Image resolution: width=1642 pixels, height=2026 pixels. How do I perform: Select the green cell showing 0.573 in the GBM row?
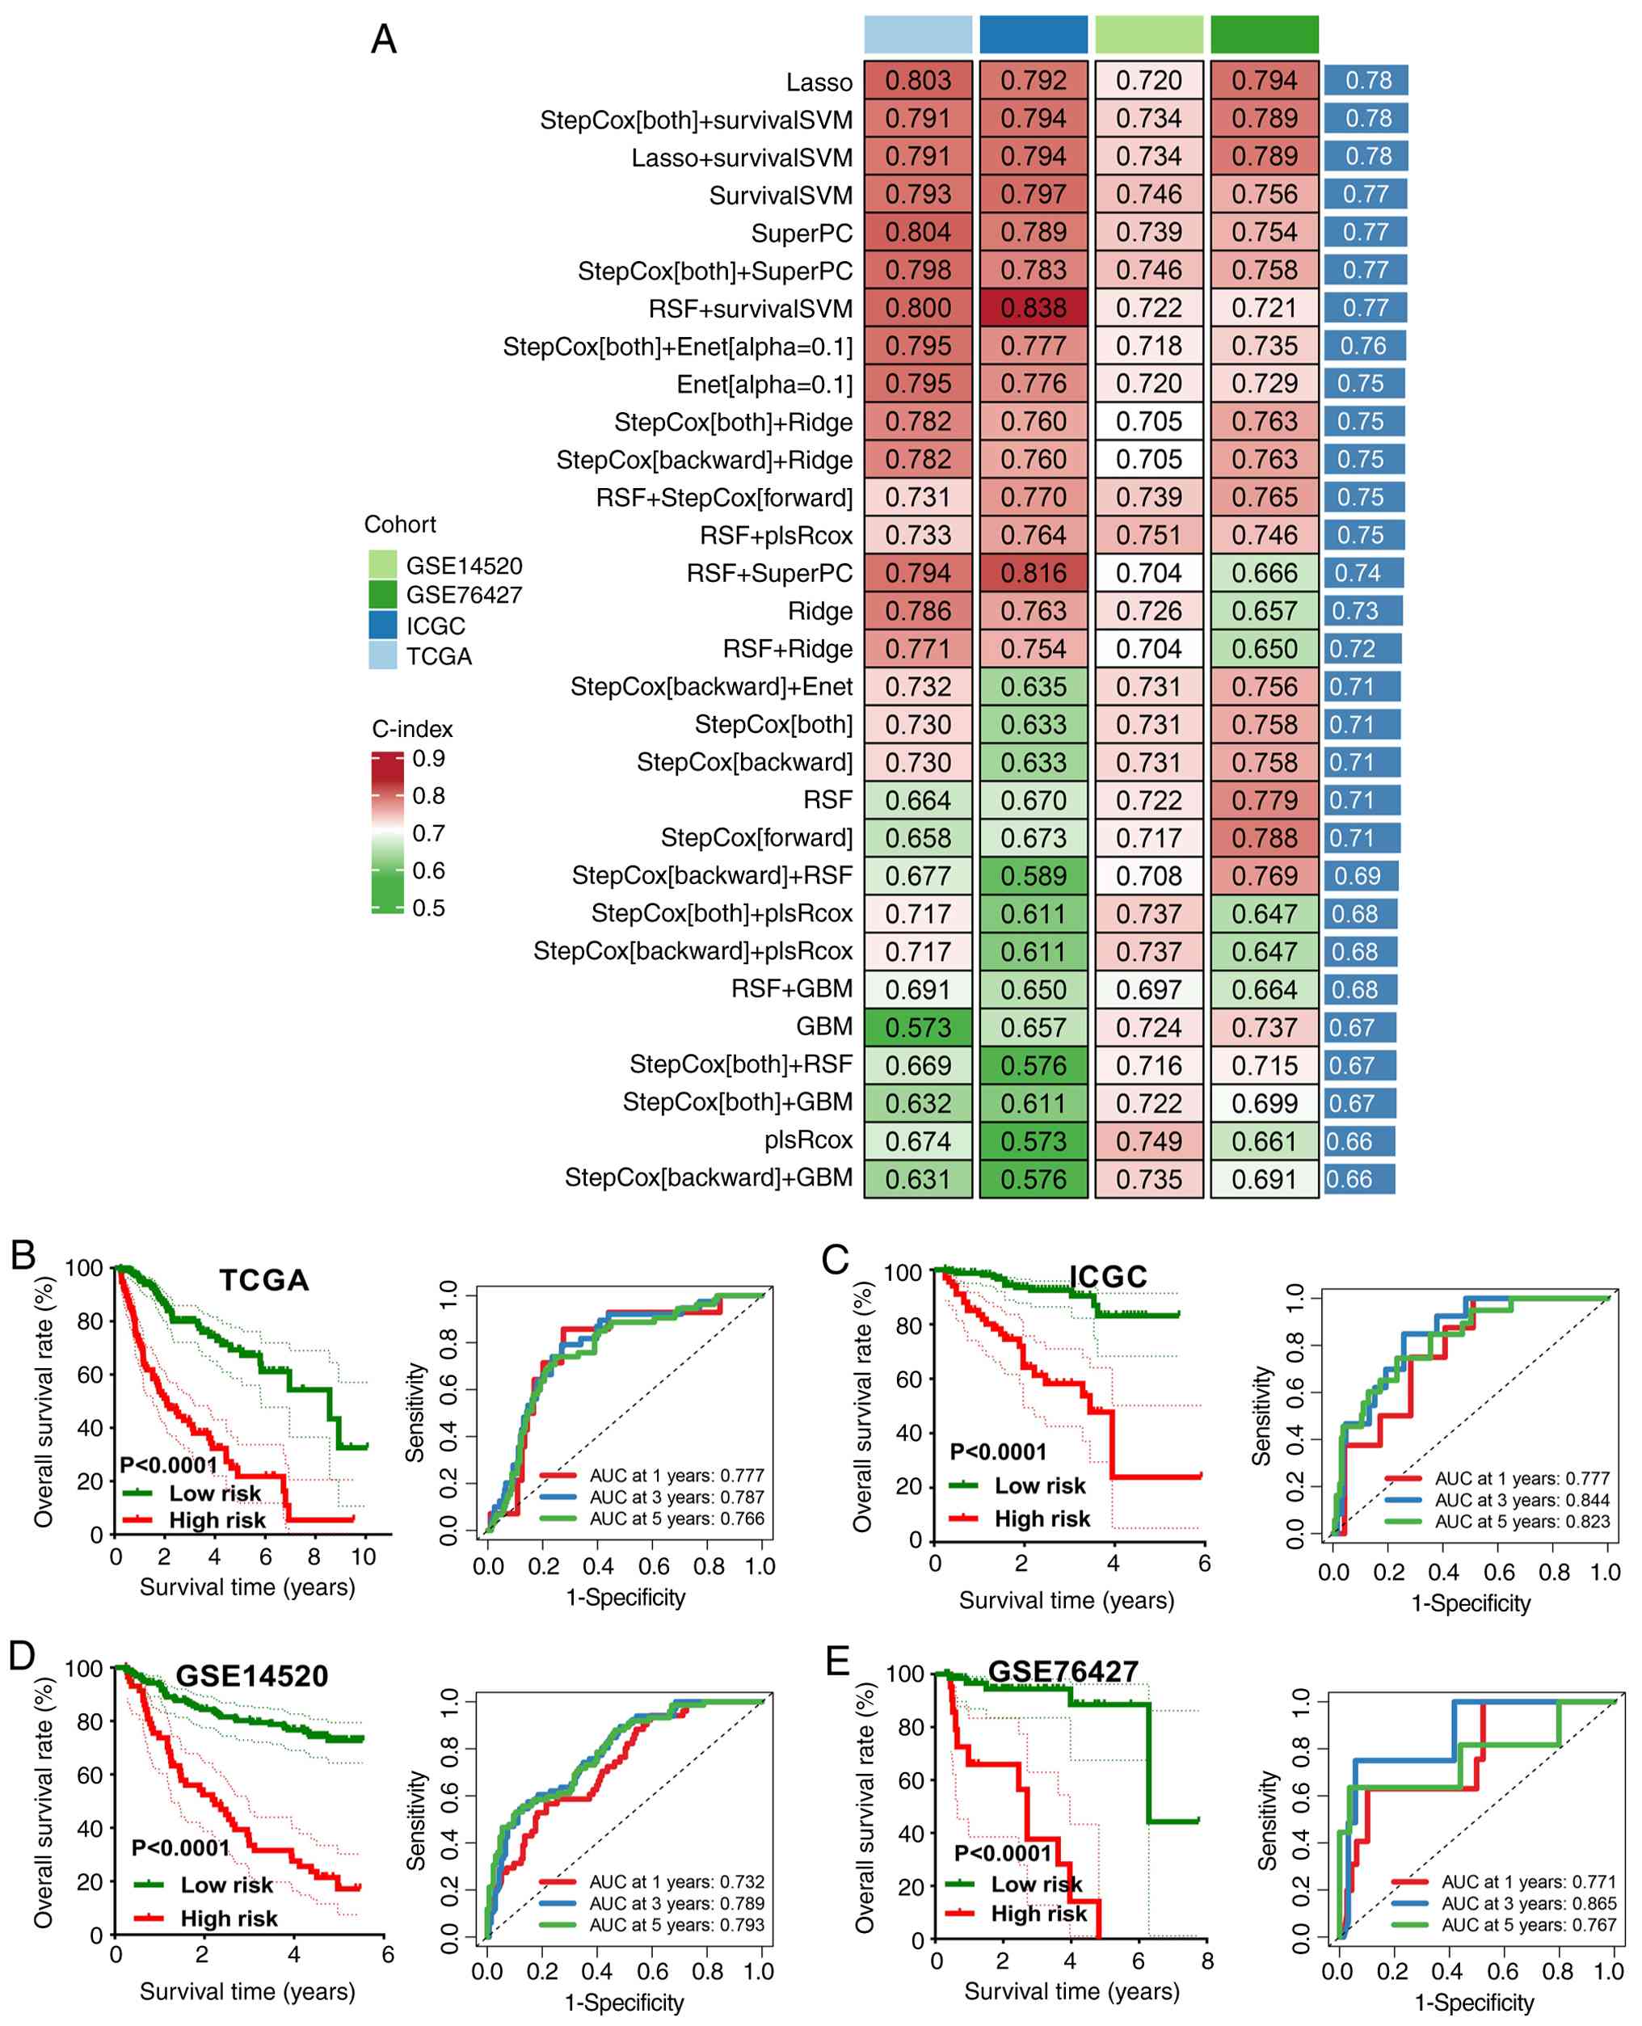tap(917, 1027)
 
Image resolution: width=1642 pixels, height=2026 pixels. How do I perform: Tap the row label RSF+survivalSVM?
tap(750, 309)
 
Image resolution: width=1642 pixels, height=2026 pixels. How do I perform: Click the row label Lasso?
tap(819, 82)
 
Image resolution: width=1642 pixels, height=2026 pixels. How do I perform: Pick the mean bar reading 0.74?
tap(1363, 573)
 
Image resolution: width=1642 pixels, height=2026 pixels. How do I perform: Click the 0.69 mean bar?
tap(1360, 876)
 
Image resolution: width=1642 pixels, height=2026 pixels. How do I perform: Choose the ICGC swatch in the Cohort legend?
tap(382, 625)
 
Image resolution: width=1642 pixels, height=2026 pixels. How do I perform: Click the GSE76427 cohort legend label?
tap(464, 595)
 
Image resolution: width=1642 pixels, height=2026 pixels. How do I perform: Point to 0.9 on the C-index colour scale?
tap(428, 759)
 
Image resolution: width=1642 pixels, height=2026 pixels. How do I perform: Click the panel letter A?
tap(383, 40)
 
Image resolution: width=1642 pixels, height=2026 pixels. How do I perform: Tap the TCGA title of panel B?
tap(264, 1280)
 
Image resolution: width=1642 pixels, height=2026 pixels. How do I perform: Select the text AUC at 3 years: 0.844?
tap(1522, 1500)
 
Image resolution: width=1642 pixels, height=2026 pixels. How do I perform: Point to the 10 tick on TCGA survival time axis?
tap(363, 1556)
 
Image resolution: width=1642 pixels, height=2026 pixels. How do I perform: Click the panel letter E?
tap(838, 1660)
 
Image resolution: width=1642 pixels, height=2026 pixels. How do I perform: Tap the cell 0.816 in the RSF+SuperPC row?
tap(1033, 573)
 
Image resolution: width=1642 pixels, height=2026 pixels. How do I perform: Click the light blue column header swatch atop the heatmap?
tap(917, 35)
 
